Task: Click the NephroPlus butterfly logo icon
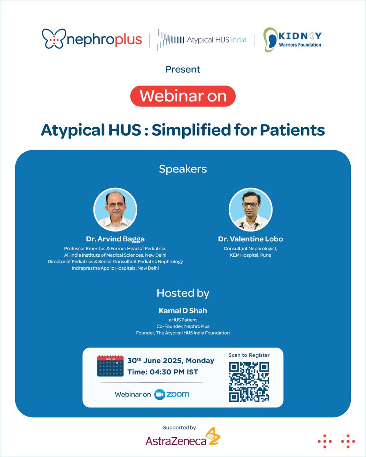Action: coord(53,39)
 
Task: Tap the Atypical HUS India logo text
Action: coord(216,40)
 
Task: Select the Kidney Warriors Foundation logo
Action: coord(293,40)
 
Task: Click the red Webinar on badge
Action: coord(183,96)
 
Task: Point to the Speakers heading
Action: coord(183,169)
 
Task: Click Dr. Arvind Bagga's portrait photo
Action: coord(115,209)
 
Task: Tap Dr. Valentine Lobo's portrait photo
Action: coord(250,209)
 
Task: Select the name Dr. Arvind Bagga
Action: coord(115,239)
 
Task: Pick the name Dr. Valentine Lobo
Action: coord(250,239)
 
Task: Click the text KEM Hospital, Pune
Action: coord(250,255)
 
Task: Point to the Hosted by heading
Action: coord(183,293)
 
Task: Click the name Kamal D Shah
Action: coord(183,311)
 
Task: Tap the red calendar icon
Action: coord(110,366)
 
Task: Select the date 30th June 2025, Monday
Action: coord(171,361)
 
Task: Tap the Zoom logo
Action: coord(172,394)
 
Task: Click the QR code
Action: coord(249,382)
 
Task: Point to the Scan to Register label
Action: coord(249,355)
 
